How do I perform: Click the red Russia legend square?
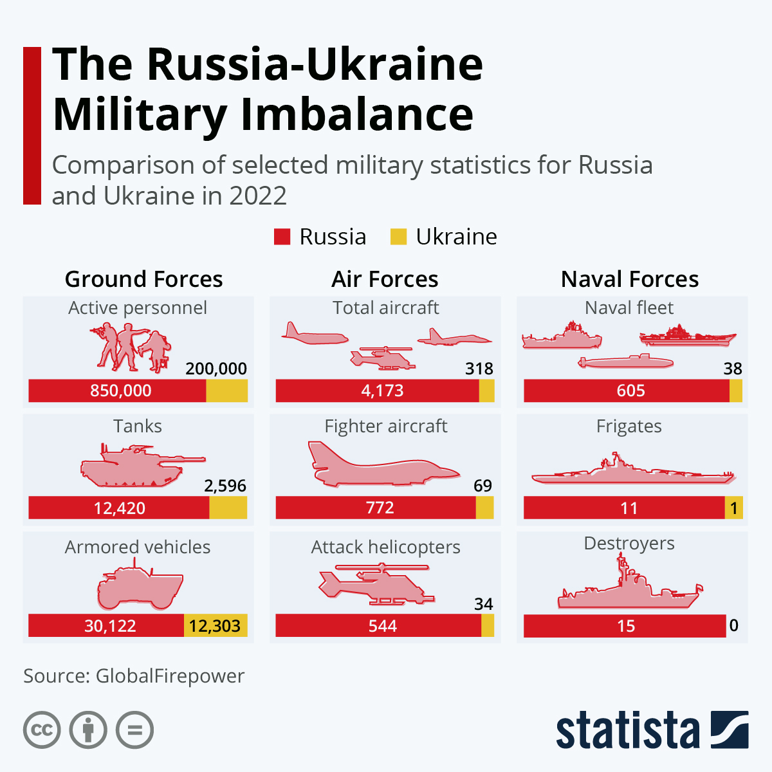[x=282, y=237]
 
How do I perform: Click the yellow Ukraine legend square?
[x=398, y=237]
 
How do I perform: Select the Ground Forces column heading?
[x=143, y=279]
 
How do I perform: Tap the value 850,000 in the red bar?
[x=120, y=391]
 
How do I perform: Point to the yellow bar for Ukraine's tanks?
[x=228, y=508]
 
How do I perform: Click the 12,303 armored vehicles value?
[x=215, y=626]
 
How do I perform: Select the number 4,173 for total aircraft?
[x=382, y=391]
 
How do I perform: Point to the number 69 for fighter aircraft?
[x=482, y=486]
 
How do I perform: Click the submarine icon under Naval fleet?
[x=625, y=362]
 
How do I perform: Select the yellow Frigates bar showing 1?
[x=733, y=508]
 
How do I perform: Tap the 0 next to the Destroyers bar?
[x=733, y=625]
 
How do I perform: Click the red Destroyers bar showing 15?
[x=625, y=626]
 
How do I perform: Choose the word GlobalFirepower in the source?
[x=170, y=676]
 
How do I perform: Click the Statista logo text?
[x=627, y=730]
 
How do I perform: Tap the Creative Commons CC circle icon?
[x=42, y=730]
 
